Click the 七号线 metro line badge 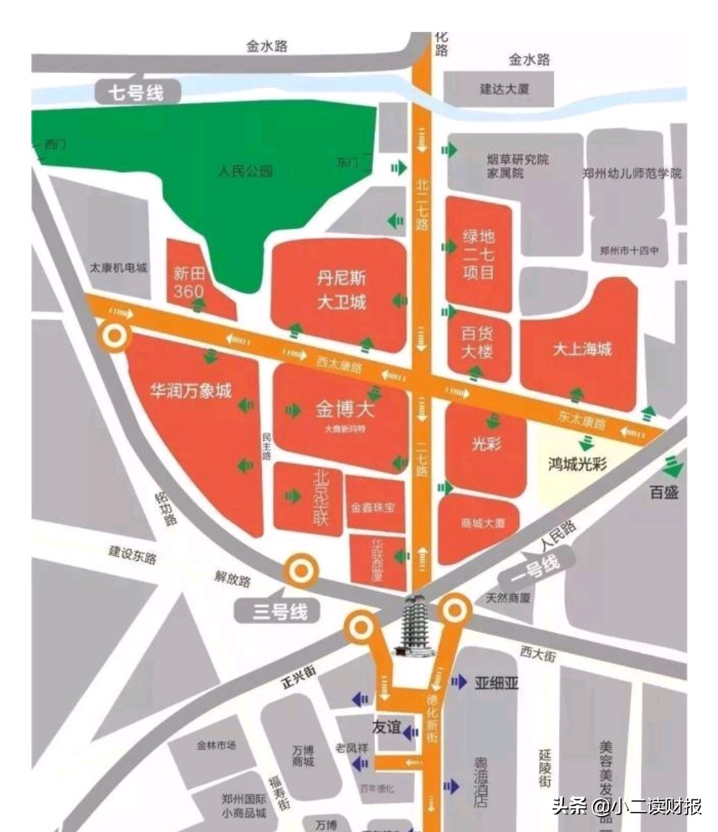136,92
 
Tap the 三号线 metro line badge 280,611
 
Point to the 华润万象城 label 191,391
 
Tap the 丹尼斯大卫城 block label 341,290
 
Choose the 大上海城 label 582,349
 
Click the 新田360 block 189,282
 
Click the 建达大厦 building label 505,88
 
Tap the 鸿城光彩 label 578,464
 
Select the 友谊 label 386,727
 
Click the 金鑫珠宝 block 374,507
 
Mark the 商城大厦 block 483,523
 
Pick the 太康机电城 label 118,268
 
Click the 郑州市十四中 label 629,251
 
